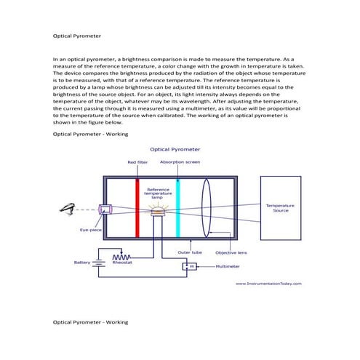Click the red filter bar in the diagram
click(136, 207)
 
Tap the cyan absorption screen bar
click(177, 207)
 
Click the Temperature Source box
click(281, 207)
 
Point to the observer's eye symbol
click(70, 209)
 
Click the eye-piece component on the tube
click(105, 209)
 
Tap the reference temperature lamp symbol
click(157, 209)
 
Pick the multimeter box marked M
click(192, 266)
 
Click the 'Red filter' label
click(137, 162)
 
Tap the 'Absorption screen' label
click(180, 162)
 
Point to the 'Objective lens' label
click(231, 252)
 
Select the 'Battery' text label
click(81, 263)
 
